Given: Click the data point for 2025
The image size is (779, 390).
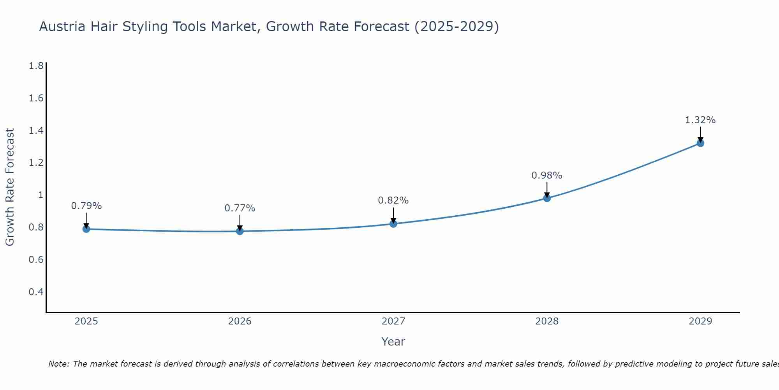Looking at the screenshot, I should (x=86, y=229).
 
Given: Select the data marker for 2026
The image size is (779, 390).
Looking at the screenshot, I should (x=240, y=231).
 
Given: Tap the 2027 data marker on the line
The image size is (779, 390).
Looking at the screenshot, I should (x=393, y=224).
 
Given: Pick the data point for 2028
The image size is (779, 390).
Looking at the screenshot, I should (x=547, y=198).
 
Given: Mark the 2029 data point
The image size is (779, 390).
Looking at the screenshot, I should (x=700, y=143).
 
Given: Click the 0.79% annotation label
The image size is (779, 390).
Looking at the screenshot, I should (x=86, y=206).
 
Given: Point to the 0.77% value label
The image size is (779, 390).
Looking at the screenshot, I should (x=240, y=208).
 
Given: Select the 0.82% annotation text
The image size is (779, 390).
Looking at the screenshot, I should (x=393, y=200).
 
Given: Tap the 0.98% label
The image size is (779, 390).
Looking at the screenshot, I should (x=547, y=175).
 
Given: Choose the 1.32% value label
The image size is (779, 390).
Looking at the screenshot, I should (x=700, y=120).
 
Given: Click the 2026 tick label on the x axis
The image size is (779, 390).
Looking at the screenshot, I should (x=240, y=321).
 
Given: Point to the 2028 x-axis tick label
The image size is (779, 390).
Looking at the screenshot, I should (x=547, y=321).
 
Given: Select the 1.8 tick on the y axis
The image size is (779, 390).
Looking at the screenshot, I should (x=36, y=66).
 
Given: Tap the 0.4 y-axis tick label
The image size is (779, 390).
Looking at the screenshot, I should (x=36, y=292).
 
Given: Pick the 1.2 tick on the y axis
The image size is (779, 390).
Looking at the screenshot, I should (x=36, y=163).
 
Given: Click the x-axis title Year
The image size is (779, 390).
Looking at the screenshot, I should (x=393, y=342).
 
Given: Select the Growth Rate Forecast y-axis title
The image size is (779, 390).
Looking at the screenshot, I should (x=10, y=187).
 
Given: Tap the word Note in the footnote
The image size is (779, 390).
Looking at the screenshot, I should (x=58, y=364).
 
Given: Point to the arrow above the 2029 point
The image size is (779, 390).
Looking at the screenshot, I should (x=700, y=134).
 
